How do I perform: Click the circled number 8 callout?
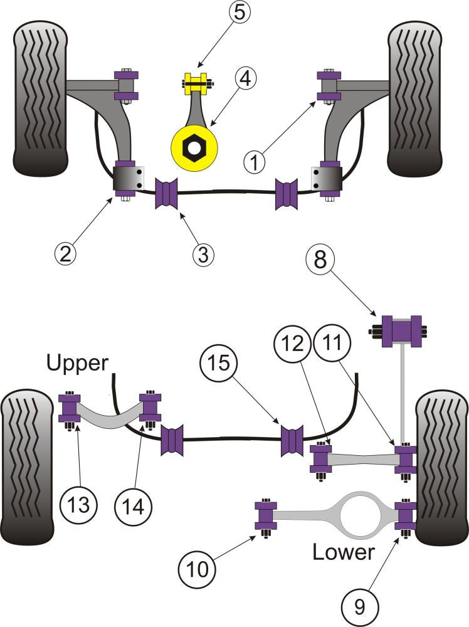point(320,260)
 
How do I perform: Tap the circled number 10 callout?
point(195,569)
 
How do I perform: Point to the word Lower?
point(343,552)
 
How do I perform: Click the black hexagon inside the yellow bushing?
point(193,147)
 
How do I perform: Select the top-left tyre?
point(39,100)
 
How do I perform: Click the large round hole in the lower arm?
point(357,515)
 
